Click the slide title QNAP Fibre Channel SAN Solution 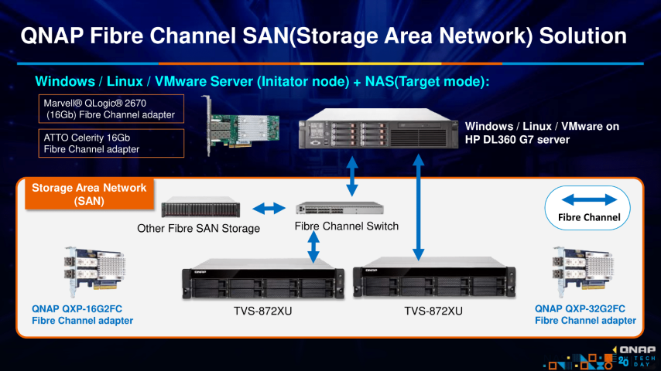point(323,36)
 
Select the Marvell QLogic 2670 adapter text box point(111,109)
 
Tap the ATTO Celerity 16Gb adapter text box point(111,143)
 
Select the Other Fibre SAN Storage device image point(201,208)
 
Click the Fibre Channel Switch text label point(347,226)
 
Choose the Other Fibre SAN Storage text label point(199,229)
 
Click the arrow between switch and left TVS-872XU point(313,247)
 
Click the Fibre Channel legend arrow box point(589,205)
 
